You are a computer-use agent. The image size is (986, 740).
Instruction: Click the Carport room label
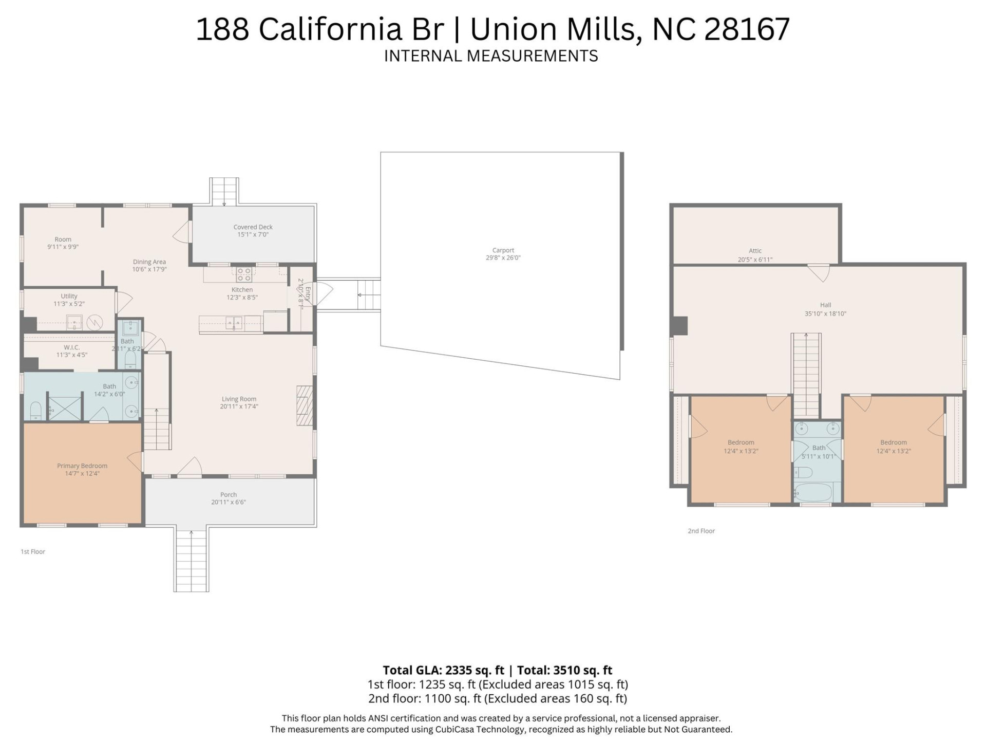click(x=503, y=250)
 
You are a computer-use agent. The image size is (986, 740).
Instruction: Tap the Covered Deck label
click(x=253, y=227)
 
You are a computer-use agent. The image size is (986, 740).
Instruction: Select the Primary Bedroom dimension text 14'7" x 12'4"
click(x=82, y=473)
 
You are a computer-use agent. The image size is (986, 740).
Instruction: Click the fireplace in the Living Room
click(x=305, y=405)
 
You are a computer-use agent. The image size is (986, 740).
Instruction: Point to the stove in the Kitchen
click(x=244, y=274)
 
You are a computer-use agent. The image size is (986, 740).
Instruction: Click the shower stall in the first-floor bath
click(x=65, y=407)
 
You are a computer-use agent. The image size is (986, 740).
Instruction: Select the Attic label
click(x=754, y=251)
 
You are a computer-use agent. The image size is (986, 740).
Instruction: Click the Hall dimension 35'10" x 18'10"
click(x=825, y=313)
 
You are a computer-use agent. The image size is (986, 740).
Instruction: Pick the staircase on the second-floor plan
click(x=806, y=375)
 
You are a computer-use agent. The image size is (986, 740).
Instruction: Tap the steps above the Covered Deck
click(x=224, y=191)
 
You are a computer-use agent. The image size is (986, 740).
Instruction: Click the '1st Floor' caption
click(x=33, y=551)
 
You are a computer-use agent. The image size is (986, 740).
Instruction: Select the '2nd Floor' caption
click(x=701, y=531)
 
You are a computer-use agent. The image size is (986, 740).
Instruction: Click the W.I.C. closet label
click(x=72, y=347)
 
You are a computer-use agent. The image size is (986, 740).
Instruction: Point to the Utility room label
click(x=69, y=296)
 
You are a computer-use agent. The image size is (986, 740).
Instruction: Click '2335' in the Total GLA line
click(x=462, y=670)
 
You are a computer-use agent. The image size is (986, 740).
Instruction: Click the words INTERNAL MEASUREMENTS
click(x=491, y=55)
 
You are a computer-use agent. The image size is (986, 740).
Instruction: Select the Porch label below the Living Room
click(x=229, y=494)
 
